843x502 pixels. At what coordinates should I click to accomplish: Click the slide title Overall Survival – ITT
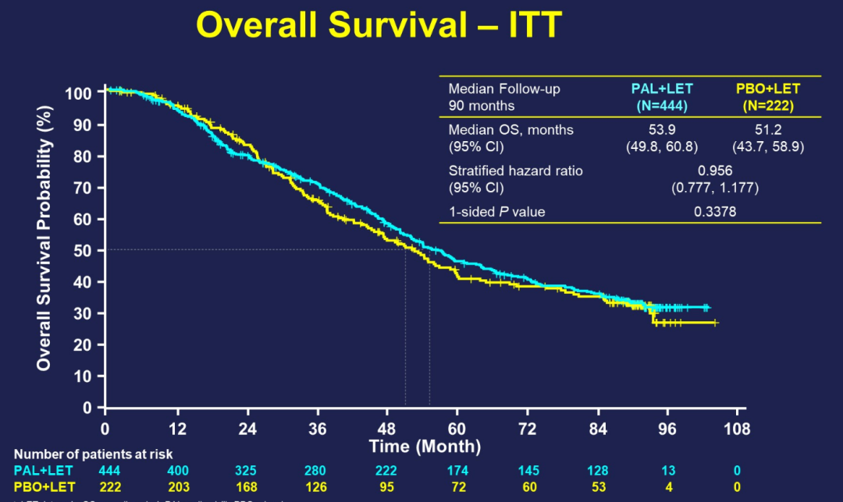click(379, 27)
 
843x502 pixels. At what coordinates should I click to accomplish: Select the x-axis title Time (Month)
click(425, 447)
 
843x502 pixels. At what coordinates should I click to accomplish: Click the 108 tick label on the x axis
click(737, 430)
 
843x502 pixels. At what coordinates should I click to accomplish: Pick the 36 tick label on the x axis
click(316, 430)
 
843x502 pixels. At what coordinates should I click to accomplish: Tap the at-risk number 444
click(110, 470)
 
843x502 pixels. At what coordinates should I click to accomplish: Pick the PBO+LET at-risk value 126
click(316, 487)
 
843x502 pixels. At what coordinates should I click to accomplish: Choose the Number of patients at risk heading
click(94, 454)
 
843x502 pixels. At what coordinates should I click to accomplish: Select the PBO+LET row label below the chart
click(44, 487)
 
